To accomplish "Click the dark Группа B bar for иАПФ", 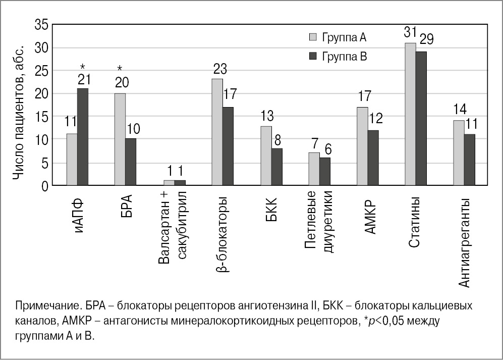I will [83, 137].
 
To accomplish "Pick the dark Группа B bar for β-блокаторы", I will [228, 146].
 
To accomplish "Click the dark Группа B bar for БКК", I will [276, 167].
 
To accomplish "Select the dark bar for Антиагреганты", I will [470, 160].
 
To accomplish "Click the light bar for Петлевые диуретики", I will [314, 169].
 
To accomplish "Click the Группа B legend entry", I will [338, 57].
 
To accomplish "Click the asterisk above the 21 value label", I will [83, 66].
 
